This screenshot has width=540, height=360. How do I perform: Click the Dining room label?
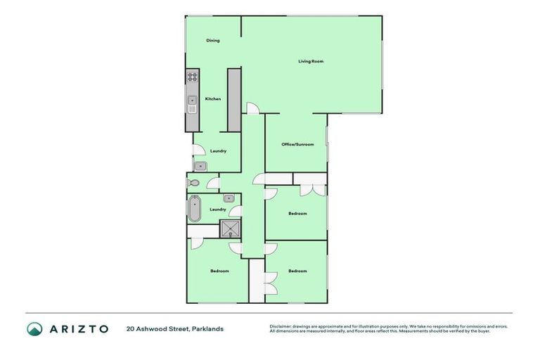click(213, 41)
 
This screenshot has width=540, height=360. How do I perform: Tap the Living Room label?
click(311, 62)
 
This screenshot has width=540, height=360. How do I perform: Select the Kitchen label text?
click(213, 99)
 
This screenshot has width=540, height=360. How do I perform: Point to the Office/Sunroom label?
click(297, 145)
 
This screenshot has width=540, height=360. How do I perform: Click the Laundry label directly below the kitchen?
click(218, 151)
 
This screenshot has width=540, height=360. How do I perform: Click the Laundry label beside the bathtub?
click(218, 209)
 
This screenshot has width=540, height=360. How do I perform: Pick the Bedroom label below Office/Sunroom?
click(297, 213)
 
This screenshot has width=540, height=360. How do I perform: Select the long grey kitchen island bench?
click(234, 99)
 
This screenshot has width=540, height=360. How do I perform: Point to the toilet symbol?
click(193, 184)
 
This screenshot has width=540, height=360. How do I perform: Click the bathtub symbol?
click(194, 209)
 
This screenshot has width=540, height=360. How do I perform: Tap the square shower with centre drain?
click(230, 230)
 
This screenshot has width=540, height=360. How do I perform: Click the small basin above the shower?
click(229, 199)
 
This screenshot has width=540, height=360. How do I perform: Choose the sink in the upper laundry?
click(200, 166)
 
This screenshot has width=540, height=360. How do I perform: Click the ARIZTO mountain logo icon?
click(34, 328)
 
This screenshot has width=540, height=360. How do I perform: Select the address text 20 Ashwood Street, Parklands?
click(175, 328)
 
